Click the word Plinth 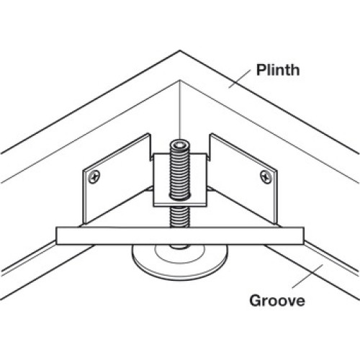278,70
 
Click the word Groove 277,300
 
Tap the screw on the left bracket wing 94,177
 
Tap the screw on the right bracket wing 266,177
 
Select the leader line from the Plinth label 239,78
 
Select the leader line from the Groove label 307,276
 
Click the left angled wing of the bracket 115,178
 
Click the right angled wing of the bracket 245,178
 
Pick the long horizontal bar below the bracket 180,235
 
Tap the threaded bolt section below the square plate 180,217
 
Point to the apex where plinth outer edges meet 180,50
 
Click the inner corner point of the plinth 180,81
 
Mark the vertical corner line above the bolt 180,109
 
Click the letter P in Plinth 261,70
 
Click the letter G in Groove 255,300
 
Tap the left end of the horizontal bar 56,235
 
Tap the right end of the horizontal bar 304,235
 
